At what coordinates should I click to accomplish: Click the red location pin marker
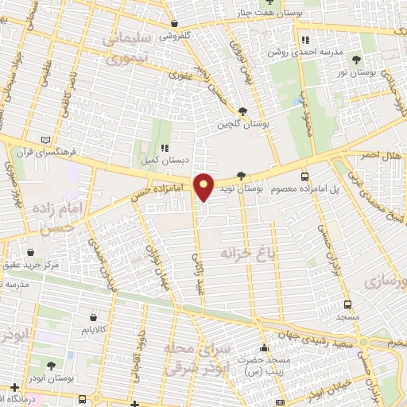coord(204,187)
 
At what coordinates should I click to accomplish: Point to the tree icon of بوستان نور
coord(355,60)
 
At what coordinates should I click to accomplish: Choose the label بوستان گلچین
coord(244,125)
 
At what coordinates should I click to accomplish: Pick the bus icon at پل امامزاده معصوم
coord(304,176)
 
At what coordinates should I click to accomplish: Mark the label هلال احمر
coord(383,155)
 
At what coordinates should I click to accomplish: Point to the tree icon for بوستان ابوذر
coord(52,366)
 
